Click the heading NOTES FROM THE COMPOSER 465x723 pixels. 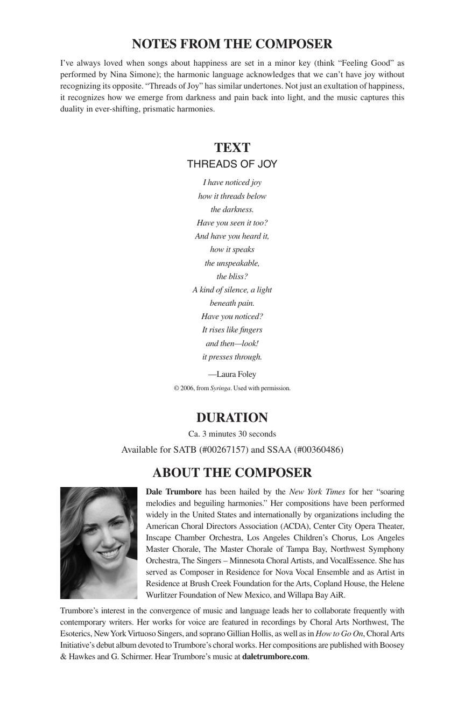click(232, 44)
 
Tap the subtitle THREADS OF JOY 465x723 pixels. click(232, 164)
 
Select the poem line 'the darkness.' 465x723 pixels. click(232, 209)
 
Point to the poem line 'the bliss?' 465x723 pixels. click(232, 276)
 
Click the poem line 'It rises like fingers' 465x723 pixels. click(232, 329)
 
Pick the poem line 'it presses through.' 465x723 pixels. click(232, 356)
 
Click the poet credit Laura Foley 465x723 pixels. click(236, 374)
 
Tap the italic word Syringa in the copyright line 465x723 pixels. click(220, 388)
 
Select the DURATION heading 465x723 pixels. click(232, 418)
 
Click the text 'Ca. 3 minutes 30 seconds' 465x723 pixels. click(232, 434)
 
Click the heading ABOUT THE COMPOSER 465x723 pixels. click(232, 473)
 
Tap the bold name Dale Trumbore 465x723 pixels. click(174, 492)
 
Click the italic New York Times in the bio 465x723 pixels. click(317, 492)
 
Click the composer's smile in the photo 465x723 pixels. click(108, 553)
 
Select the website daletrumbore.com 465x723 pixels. click(275, 656)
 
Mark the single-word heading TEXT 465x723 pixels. click(232, 148)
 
